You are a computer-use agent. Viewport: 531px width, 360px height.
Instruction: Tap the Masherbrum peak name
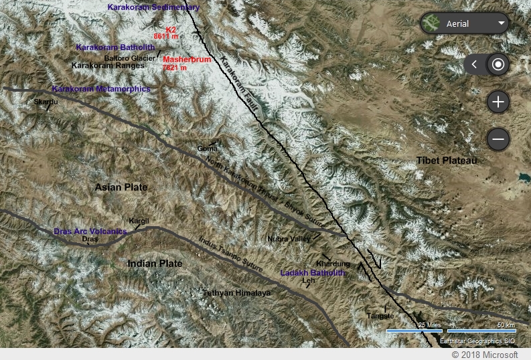coord(187,60)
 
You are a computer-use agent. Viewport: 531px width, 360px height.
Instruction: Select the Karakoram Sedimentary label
coord(153,7)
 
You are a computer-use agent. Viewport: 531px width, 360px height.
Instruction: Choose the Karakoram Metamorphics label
coord(100,88)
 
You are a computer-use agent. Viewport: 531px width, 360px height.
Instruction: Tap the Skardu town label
coord(46,102)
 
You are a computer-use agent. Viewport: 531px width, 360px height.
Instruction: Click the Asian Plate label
coord(121,187)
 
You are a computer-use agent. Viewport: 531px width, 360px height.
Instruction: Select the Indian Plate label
coord(155,264)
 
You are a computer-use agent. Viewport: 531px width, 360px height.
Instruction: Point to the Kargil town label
coord(139,221)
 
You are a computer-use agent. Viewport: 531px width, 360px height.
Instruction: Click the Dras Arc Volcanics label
coord(90,231)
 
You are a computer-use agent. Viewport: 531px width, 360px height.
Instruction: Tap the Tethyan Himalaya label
coord(236,293)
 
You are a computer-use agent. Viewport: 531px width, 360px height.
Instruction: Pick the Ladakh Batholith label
coord(313,273)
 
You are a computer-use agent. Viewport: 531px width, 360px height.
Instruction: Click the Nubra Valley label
coord(289,238)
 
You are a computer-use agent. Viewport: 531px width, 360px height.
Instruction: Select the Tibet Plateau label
coord(446,161)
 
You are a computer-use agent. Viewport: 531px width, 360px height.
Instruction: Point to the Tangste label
coord(380,315)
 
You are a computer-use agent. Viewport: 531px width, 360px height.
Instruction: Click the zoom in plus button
coord(498,102)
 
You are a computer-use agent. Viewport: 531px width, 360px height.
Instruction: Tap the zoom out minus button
coord(498,139)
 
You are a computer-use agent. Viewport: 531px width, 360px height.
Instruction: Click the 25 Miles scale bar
coord(414,329)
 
